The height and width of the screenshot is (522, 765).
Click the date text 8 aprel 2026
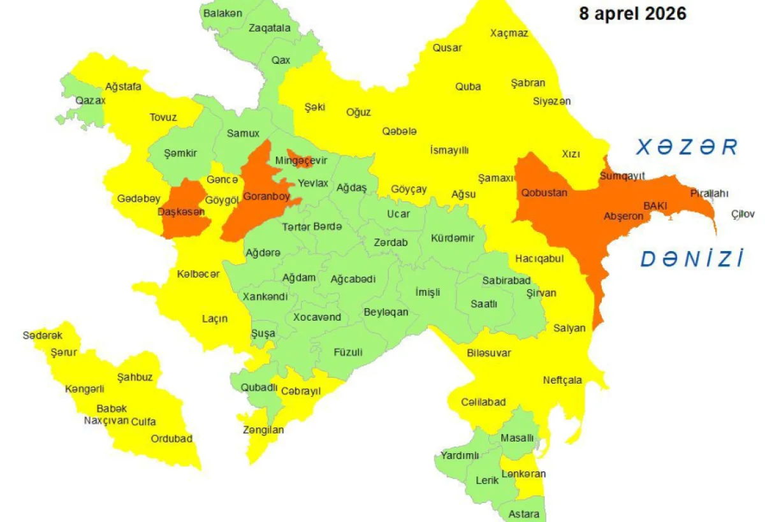632,13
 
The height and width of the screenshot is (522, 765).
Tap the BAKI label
655,206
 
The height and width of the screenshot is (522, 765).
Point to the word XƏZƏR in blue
687,147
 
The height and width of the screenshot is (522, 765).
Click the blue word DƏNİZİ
692,259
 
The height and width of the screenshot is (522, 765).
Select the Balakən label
222,12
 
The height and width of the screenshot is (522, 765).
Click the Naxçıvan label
106,421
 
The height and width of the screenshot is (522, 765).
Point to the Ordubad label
171,439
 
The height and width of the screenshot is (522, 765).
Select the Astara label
524,514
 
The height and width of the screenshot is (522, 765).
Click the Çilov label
743,214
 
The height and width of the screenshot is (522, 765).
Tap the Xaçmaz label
509,33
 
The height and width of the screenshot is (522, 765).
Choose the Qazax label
91,100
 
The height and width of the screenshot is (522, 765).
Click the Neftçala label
562,381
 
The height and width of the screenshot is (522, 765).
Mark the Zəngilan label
263,430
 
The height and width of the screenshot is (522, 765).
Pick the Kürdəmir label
453,238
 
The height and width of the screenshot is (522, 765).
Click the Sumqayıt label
622,176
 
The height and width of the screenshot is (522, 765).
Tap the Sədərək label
43,336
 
